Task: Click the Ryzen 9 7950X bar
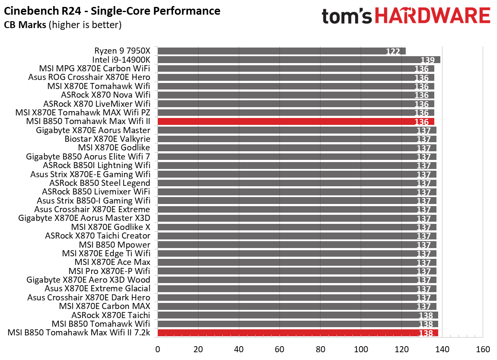click(x=281, y=51)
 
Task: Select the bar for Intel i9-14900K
click(x=298, y=60)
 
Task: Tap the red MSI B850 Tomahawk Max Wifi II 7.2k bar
click(x=298, y=333)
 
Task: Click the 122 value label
click(x=393, y=52)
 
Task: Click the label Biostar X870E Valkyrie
click(x=107, y=139)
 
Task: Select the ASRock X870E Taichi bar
click(x=298, y=315)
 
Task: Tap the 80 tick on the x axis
click(x=321, y=349)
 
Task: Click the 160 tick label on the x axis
click(x=483, y=349)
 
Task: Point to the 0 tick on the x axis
click(x=158, y=349)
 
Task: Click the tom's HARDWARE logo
click(x=406, y=16)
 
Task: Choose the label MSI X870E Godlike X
click(x=111, y=227)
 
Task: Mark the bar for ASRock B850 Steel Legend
click(x=297, y=183)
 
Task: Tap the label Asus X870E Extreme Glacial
click(x=98, y=289)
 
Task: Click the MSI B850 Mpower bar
click(x=297, y=245)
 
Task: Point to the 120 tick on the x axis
click(x=401, y=349)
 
